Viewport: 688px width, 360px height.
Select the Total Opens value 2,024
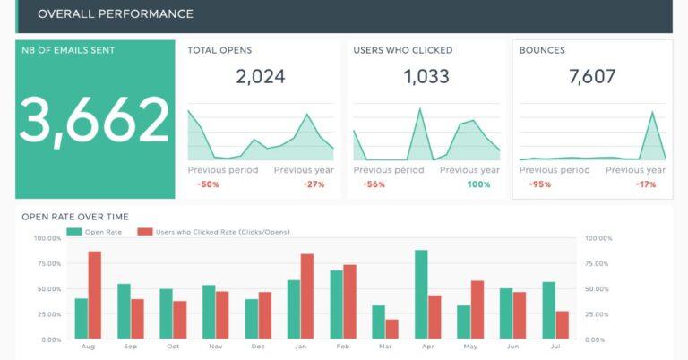point(261,77)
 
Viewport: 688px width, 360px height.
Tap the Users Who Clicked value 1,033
point(426,77)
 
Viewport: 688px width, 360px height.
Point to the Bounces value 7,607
point(592,77)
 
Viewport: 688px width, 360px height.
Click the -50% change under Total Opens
point(209,184)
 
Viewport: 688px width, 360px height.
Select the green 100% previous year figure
point(478,184)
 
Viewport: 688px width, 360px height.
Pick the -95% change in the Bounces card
point(540,184)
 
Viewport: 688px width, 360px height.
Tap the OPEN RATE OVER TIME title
point(75,217)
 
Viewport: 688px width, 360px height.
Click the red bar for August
point(95,296)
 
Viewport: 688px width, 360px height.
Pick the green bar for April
point(421,295)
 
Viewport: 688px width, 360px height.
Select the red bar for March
point(391,330)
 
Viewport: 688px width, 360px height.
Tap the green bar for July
point(549,311)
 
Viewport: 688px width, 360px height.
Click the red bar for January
point(307,296)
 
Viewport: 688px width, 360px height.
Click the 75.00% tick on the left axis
point(47,263)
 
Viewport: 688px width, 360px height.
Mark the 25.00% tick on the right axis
point(598,314)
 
